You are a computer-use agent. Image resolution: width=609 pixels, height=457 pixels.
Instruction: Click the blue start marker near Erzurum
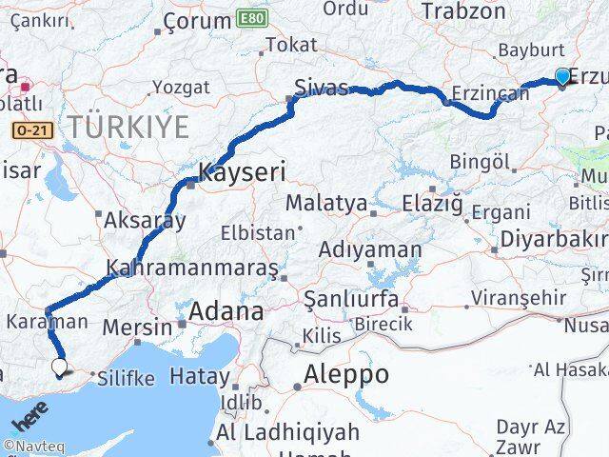(562, 77)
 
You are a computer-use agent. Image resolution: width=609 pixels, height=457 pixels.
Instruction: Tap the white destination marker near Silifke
(60, 366)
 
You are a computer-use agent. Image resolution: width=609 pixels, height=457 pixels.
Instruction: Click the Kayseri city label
(242, 172)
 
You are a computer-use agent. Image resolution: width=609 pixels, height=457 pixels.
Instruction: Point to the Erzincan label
(490, 92)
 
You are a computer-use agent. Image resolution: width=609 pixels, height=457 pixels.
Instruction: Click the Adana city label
(226, 310)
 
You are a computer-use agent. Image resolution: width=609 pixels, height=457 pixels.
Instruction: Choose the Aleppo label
(346, 374)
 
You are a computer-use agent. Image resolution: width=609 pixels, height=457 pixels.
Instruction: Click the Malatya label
(326, 203)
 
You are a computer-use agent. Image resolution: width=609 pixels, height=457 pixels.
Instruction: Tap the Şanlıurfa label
(350, 300)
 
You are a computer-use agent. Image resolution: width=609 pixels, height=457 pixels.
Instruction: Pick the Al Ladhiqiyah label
(288, 431)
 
